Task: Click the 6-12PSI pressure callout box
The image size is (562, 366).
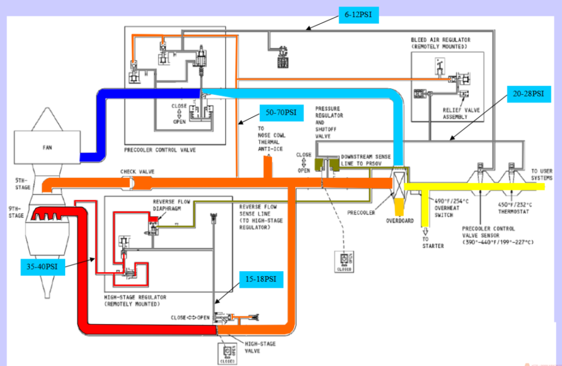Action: click(x=358, y=15)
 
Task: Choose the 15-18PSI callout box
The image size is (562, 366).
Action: click(x=261, y=280)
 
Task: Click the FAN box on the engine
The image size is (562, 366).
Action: click(x=46, y=148)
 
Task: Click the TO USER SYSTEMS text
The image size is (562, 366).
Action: click(x=542, y=174)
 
